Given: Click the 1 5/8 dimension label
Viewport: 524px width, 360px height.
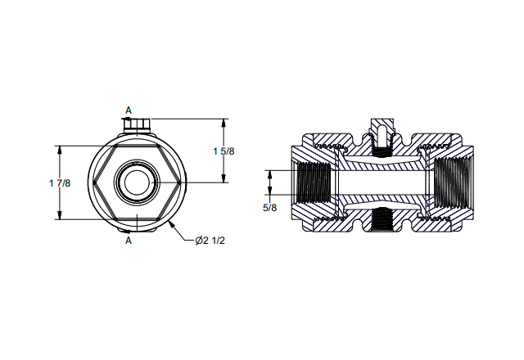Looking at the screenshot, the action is (x=224, y=151).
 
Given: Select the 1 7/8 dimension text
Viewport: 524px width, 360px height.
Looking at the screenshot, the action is (x=60, y=183).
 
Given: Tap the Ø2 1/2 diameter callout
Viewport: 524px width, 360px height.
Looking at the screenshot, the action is (x=210, y=241).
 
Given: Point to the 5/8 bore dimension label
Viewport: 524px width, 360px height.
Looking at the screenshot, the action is (x=269, y=208).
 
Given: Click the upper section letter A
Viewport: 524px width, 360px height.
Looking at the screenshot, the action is (x=129, y=110).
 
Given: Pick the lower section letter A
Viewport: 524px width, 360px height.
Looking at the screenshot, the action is (x=129, y=241).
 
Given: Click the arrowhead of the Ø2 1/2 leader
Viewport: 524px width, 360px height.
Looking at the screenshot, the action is (x=171, y=224).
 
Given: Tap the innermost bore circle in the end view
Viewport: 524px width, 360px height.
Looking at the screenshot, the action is (x=138, y=182).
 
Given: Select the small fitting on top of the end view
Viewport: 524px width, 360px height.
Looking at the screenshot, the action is (x=137, y=125).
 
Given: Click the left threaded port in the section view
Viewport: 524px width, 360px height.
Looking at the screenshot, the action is (x=313, y=182).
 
